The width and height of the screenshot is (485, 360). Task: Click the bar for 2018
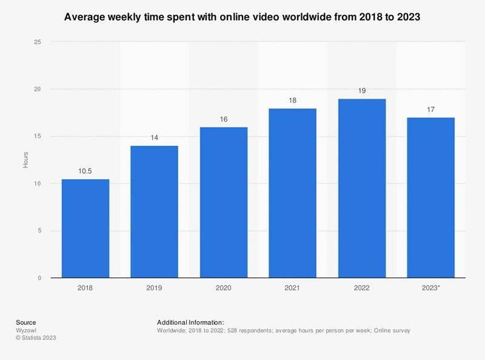(85, 228)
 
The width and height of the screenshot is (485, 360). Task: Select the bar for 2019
(155, 212)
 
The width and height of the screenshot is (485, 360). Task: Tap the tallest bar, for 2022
(362, 188)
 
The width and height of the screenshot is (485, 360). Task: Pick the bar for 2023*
(431, 198)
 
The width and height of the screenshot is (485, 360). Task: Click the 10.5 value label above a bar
(85, 171)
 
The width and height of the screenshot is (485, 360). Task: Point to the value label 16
(224, 119)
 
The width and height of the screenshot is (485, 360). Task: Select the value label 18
(293, 101)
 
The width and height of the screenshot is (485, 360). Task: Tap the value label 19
(362, 91)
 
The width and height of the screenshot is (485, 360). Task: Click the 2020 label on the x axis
(224, 288)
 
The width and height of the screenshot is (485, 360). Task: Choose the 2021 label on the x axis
(293, 288)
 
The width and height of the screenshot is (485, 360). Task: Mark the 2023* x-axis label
(431, 288)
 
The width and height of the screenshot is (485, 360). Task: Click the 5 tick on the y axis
(39, 231)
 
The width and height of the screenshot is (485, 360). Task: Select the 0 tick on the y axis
(39, 278)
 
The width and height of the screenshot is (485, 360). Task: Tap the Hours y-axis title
(25, 160)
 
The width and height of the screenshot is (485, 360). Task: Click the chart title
(242, 18)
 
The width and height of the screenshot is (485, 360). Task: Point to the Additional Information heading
(190, 322)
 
